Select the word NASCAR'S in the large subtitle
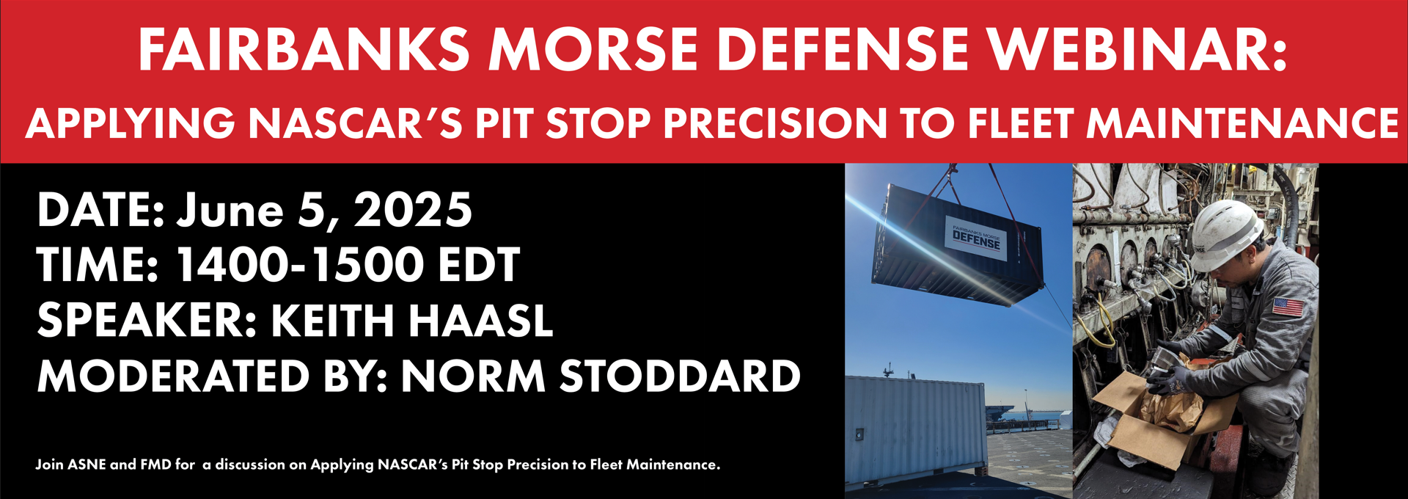click(355, 123)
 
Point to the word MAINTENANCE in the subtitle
click(1242, 123)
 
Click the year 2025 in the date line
click(414, 210)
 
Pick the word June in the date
click(230, 210)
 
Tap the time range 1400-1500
click(299, 265)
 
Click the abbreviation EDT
click(479, 265)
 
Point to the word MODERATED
click(174, 376)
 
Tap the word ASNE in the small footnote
click(87, 465)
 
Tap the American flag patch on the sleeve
click(1288, 306)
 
